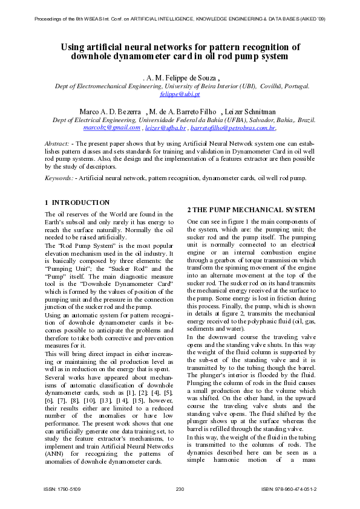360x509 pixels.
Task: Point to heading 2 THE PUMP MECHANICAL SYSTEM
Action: [x=251, y=210]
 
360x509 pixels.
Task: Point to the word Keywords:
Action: [x=59, y=178]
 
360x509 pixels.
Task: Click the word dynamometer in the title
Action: [x=140, y=57]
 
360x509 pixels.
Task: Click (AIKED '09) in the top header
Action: [x=310, y=19]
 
